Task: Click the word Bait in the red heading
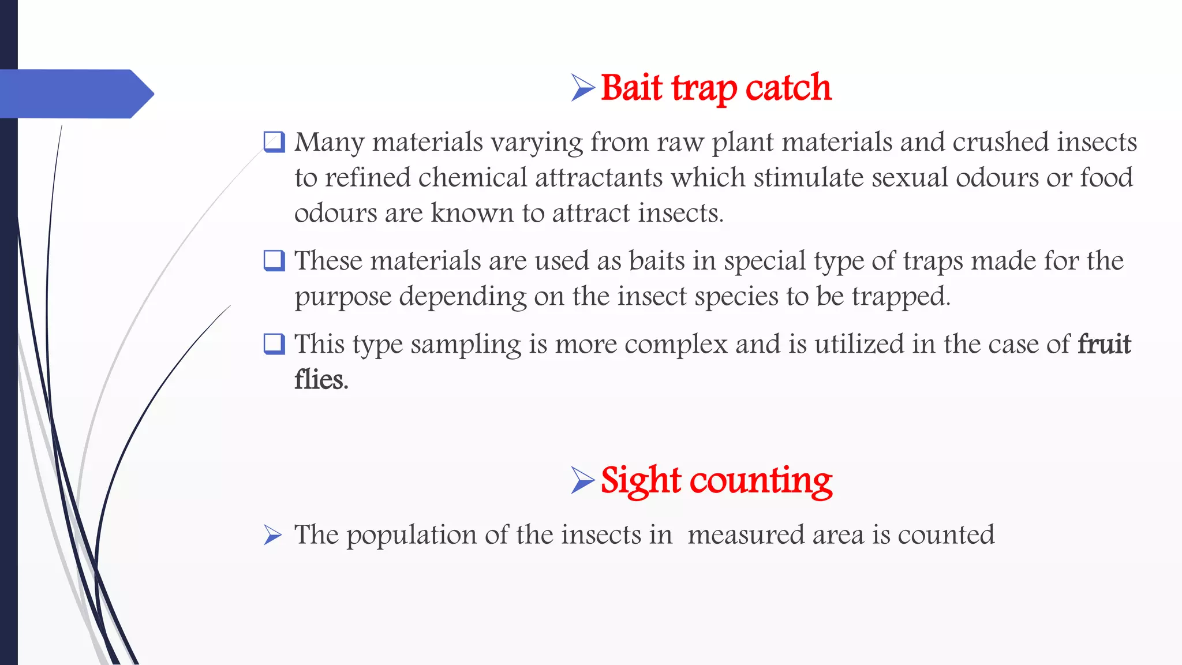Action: (631, 88)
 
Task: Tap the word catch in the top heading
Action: (788, 88)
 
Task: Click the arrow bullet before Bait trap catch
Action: (583, 88)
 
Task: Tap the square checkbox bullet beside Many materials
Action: (274, 142)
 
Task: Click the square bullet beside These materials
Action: (274, 260)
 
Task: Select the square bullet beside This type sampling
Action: (274, 344)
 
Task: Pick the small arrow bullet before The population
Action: (272, 535)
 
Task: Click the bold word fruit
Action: (1104, 344)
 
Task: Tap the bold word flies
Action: (321, 380)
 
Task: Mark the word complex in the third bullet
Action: (676, 344)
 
